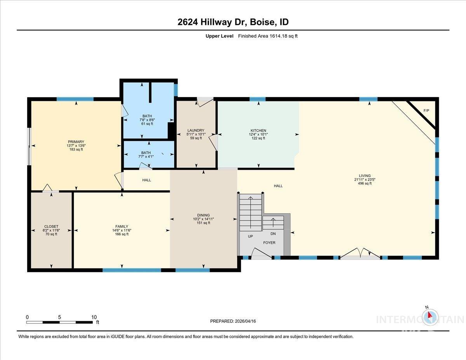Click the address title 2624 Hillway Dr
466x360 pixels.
pyautogui.click(x=233, y=22)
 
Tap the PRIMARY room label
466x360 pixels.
pyautogui.click(x=76, y=142)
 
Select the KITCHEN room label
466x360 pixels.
pyautogui.click(x=258, y=130)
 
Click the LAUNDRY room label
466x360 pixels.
pyautogui.click(x=196, y=130)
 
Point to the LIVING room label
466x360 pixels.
pyautogui.click(x=365, y=176)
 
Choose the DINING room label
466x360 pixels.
pyautogui.click(x=203, y=215)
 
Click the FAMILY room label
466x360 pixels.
pyautogui.click(x=122, y=226)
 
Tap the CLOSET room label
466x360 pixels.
pyautogui.click(x=51, y=226)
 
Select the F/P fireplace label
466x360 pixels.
pyautogui.click(x=426, y=111)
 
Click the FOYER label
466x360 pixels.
pyautogui.click(x=269, y=243)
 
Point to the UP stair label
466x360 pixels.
pyautogui.click(x=250, y=236)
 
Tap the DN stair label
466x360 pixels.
pyautogui.click(x=273, y=233)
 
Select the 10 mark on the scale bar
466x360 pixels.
pyautogui.click(x=94, y=317)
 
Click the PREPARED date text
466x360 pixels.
pyautogui.click(x=233, y=321)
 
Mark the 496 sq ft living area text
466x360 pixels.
pyautogui.click(x=365, y=183)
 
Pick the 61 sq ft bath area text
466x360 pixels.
pyautogui.click(x=147, y=123)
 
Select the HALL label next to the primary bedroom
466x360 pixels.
pyautogui.click(x=146, y=180)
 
